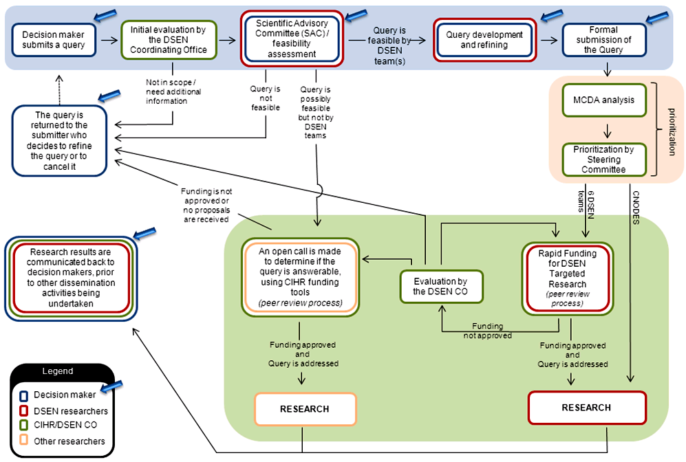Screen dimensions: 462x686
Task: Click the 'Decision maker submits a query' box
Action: click(54, 40)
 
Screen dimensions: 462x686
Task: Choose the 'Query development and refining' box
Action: click(484, 40)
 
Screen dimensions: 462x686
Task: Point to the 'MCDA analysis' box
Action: click(603, 100)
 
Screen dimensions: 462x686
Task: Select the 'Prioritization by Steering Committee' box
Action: click(603, 158)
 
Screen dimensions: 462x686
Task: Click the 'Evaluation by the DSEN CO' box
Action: click(442, 285)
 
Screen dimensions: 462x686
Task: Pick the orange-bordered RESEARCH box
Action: click(305, 409)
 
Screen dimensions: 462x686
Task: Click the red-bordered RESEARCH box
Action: click(586, 408)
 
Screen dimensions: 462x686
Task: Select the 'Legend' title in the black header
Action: click(58, 371)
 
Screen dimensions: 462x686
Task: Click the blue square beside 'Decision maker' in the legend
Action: click(24, 395)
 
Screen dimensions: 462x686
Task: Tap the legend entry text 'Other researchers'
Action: click(69, 441)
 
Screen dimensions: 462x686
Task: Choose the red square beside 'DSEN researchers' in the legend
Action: click(24, 411)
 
